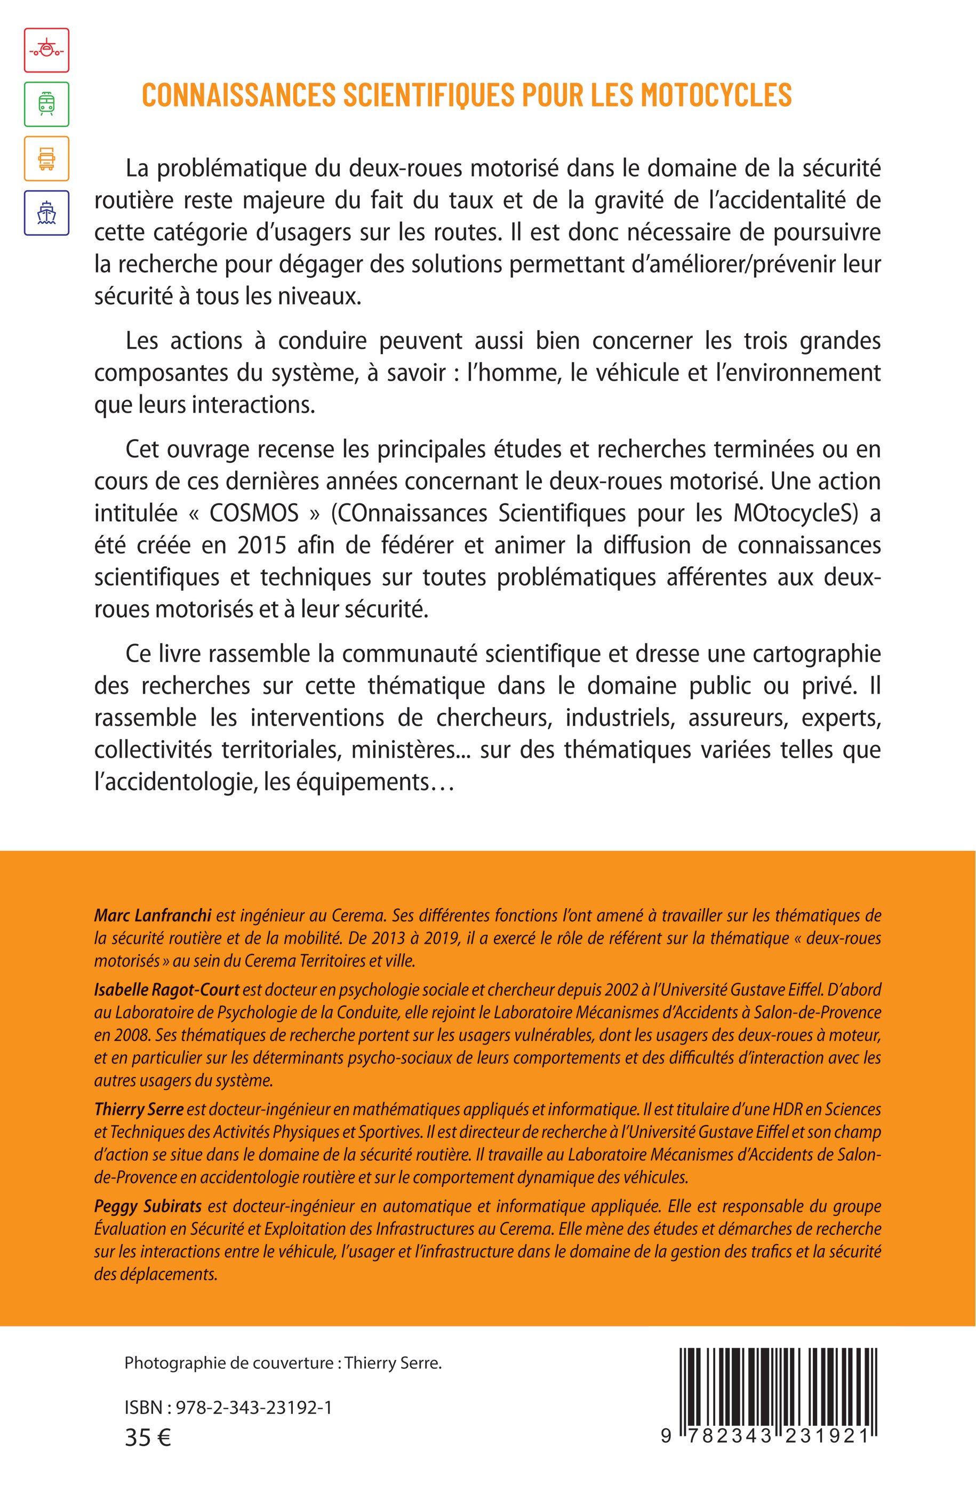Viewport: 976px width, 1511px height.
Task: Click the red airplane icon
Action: tap(46, 50)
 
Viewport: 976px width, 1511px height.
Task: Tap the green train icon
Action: tap(46, 104)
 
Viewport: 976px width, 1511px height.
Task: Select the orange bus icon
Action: tap(46, 158)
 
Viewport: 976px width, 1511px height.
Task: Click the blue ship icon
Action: tap(46, 213)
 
